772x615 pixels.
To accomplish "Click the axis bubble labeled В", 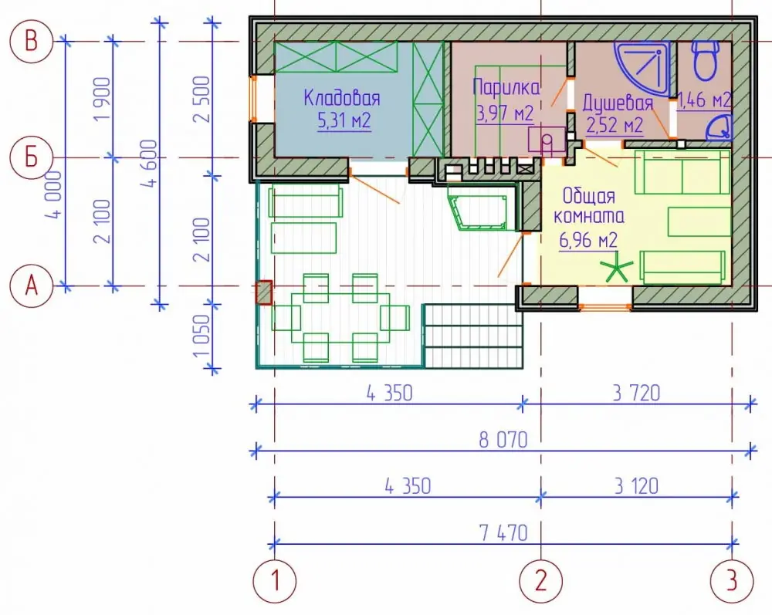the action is point(31,41).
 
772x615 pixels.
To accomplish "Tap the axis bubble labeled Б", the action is point(31,158).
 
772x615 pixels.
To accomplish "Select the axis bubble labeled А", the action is point(31,286).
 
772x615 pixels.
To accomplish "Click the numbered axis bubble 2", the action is point(540,581).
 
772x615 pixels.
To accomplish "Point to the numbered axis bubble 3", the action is point(732,581).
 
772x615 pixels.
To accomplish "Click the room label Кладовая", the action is point(342,97).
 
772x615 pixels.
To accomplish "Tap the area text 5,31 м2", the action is point(344,120).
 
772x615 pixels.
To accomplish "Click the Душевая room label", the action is point(618,103).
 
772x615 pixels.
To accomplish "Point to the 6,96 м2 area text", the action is point(588,240).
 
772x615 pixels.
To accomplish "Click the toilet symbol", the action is point(706,60).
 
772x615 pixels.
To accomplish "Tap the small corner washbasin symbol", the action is point(720,127).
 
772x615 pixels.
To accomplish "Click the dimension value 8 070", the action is point(503,440).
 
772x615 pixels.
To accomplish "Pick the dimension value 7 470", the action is point(503,533).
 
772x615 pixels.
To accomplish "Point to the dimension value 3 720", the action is point(636,393).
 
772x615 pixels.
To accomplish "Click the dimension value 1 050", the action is point(201,336).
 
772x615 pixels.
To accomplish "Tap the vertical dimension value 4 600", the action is point(149,164).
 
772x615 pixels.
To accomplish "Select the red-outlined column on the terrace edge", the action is point(263,292).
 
